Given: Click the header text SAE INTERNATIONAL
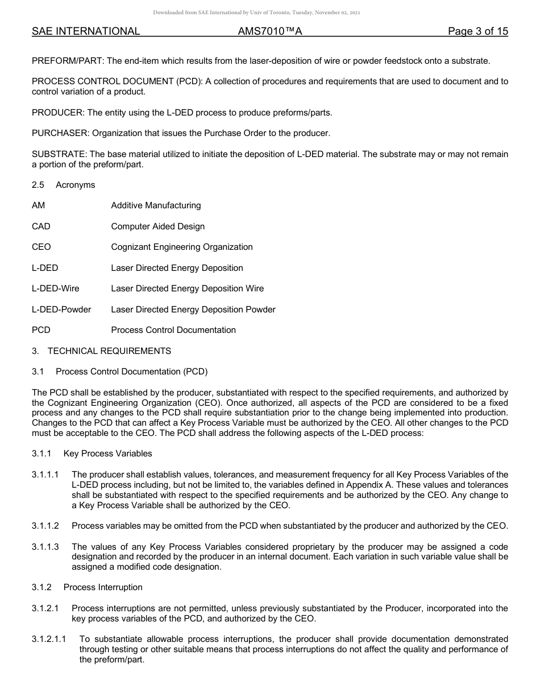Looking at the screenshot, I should coord(86,32).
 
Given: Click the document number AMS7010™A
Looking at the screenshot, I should coord(270,32).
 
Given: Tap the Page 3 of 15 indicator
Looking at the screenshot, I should coord(477,32).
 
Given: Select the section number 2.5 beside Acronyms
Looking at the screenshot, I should coord(38,185).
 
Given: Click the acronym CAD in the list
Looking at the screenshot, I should coord(41,227).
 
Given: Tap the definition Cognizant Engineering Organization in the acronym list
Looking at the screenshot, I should coord(182,247).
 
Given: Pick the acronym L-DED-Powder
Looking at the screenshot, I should coord(61,310).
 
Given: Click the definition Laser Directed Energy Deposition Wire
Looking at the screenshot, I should coord(188,289).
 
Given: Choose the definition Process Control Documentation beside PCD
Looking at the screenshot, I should coord(173,330).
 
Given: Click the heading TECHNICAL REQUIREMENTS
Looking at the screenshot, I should coord(109,351).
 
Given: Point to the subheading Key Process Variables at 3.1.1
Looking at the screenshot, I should coord(108,454).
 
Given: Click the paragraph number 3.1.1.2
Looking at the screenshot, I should coord(45,526).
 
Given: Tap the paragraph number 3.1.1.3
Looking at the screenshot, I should coord(45,547).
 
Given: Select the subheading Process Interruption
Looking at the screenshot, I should coord(103,587).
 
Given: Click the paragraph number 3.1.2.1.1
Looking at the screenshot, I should coord(49,640).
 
